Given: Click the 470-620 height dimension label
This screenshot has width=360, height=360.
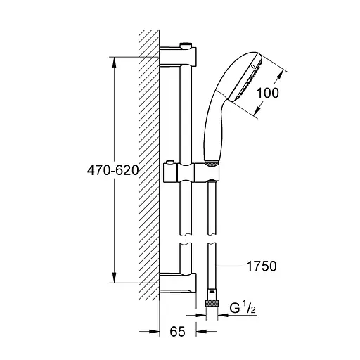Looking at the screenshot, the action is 112,170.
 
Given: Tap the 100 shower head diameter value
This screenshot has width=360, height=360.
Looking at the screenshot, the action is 268,93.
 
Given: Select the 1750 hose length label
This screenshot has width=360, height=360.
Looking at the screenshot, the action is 262,266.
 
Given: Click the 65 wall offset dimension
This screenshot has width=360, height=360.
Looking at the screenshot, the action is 177,331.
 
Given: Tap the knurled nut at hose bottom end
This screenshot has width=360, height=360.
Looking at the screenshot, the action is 212,304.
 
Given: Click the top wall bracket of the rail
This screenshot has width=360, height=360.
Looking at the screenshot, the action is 178,56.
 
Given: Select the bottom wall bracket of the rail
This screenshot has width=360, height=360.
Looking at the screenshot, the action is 178,283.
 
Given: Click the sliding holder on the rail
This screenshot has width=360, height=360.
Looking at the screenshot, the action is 191,172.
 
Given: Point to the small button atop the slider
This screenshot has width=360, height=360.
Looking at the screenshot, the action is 170,162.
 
